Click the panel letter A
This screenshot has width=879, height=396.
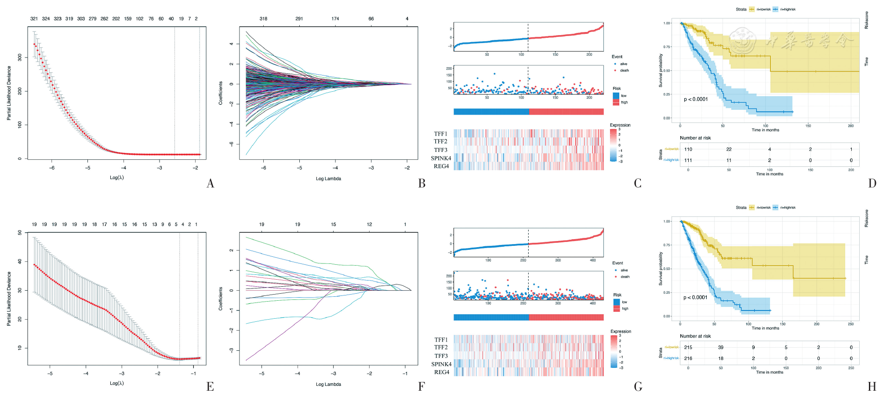(211, 184)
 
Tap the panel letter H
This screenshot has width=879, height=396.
(872, 386)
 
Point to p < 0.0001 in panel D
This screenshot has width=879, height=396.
(696, 99)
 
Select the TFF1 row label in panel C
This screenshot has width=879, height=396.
(440, 134)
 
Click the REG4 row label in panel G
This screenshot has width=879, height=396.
(442, 372)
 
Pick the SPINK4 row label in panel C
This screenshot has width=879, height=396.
(441, 158)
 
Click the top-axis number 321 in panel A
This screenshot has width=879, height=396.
(34, 19)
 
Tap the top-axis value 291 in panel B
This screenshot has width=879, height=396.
(299, 19)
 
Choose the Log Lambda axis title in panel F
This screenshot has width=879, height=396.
(328, 385)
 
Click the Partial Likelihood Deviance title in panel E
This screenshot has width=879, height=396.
(9, 299)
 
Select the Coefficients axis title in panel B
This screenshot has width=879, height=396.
(221, 93)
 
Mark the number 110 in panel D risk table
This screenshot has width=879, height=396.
(688, 149)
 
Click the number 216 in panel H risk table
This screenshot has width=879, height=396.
(688, 359)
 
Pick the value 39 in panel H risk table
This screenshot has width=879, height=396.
(721, 347)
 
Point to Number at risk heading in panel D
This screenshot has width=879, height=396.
(695, 138)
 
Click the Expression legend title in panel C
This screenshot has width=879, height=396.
(620, 125)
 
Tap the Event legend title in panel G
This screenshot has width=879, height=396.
(617, 263)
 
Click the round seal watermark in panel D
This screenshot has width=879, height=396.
(743, 40)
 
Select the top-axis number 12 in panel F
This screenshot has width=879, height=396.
(369, 224)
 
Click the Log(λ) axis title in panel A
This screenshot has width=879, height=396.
(117, 178)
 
